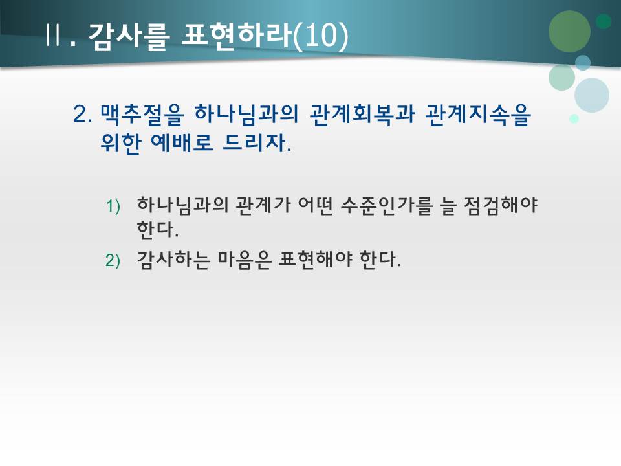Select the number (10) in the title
(320, 36)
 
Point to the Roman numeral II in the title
(53, 36)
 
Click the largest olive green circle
(569, 31)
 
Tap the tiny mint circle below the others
(574, 118)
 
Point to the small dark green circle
(604, 21)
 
